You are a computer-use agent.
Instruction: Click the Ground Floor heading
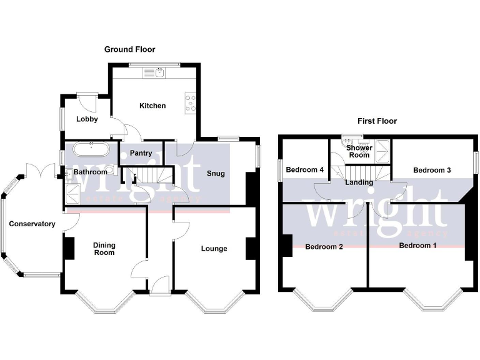pyautogui.click(x=129, y=49)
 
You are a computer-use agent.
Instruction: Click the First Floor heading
pyautogui.click(x=377, y=121)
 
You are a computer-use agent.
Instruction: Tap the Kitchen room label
pyautogui.click(x=152, y=106)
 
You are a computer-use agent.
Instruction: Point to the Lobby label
pyautogui.click(x=87, y=119)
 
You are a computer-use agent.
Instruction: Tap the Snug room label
pyautogui.click(x=215, y=173)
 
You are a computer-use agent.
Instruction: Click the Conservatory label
pyautogui.click(x=32, y=224)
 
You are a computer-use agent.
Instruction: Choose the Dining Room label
pyautogui.click(x=104, y=249)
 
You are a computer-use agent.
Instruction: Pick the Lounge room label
pyautogui.click(x=214, y=248)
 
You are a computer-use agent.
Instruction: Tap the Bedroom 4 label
pyautogui.click(x=304, y=170)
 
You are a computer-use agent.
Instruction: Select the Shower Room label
pyautogui.click(x=359, y=151)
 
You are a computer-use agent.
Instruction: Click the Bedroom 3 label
pyautogui.click(x=432, y=170)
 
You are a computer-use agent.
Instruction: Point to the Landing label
pyautogui.click(x=359, y=182)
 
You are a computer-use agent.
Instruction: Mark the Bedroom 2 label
pyautogui.click(x=324, y=246)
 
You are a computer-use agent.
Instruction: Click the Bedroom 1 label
pyautogui.click(x=418, y=245)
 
